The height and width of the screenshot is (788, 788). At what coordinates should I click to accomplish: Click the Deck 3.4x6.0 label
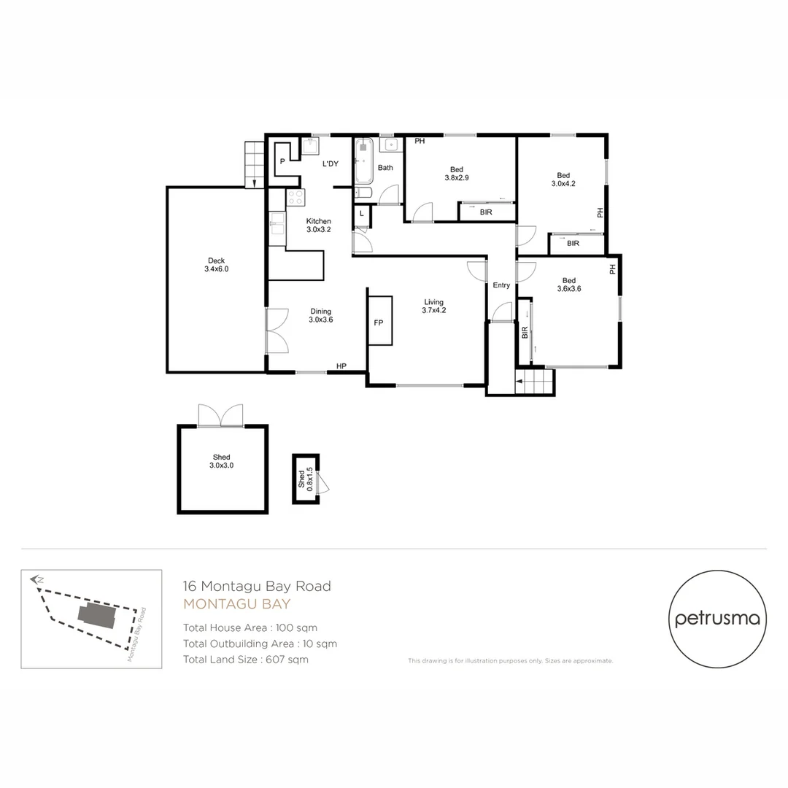click(216, 265)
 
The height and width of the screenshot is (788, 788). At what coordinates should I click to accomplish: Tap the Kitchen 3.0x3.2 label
click(318, 225)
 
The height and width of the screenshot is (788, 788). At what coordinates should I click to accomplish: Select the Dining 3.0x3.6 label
click(320, 314)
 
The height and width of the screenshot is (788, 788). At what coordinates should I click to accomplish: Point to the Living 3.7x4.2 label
click(433, 306)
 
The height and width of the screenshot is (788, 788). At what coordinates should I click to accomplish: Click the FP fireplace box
click(379, 321)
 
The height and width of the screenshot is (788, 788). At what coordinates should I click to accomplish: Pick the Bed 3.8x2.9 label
click(457, 174)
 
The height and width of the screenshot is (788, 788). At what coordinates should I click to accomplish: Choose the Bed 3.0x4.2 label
click(563, 179)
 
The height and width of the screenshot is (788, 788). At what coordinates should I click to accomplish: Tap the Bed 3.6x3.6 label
click(568, 285)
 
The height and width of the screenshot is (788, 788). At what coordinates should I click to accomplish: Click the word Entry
click(501, 285)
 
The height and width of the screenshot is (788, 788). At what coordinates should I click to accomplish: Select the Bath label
click(385, 168)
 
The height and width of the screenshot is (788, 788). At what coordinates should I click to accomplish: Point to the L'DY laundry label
click(331, 164)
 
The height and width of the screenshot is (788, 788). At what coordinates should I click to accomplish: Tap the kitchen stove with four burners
click(295, 197)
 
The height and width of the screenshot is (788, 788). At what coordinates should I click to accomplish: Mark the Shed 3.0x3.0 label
click(221, 461)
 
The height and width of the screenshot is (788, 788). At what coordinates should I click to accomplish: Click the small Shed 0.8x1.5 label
click(305, 479)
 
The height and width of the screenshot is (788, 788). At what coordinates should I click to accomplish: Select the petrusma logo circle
click(717, 619)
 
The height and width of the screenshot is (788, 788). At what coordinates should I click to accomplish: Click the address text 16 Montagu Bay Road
click(257, 586)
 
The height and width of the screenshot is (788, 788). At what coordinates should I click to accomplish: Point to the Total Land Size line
click(246, 660)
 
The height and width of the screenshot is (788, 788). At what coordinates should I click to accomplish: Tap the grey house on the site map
click(97, 617)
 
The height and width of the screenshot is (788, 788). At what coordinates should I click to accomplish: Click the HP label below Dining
click(341, 366)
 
